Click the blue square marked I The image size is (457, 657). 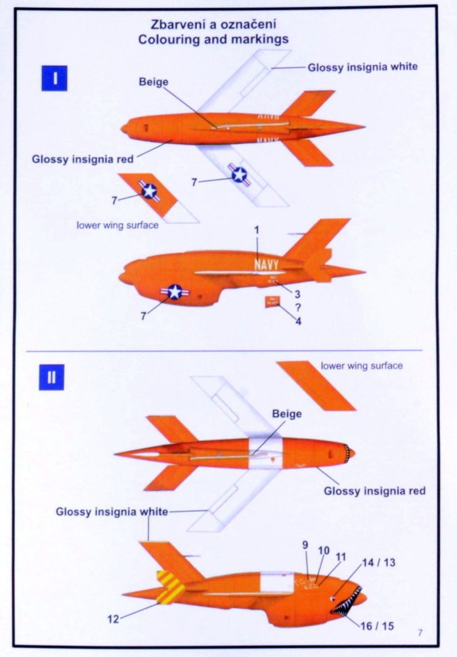click(56, 78)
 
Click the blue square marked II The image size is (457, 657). click(51, 377)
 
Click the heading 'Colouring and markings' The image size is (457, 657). click(213, 39)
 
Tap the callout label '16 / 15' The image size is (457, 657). click(378, 625)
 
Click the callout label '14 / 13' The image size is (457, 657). click(379, 562)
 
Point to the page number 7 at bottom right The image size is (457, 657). click(420, 633)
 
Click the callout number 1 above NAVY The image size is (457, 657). click(257, 230)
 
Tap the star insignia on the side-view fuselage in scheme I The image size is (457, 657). click(175, 292)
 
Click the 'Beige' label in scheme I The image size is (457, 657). click(154, 81)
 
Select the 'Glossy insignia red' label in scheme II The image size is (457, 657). click(374, 491)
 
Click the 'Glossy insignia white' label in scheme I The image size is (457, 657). click(362, 66)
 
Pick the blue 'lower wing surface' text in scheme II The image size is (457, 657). click(361, 365)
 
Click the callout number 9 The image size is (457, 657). click(305, 545)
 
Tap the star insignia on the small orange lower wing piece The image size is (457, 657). click(150, 191)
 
